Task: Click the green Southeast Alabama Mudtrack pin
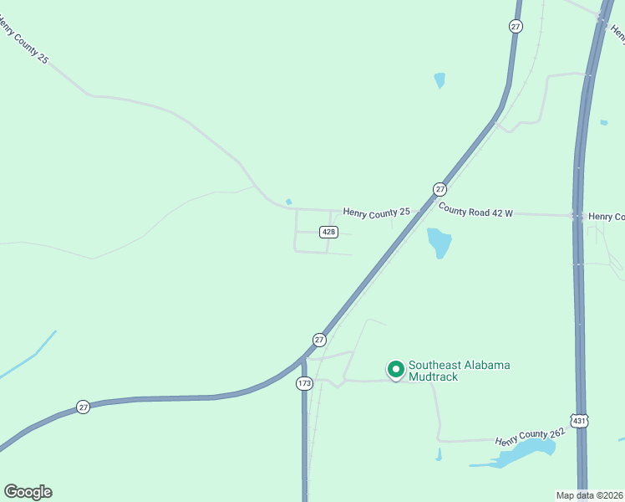[x=395, y=369]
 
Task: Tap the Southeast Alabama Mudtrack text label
[x=459, y=371]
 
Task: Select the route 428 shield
[x=328, y=232]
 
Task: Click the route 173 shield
[x=304, y=383]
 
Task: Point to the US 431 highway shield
[x=580, y=421]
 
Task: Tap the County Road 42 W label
[x=475, y=213]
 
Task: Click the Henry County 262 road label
[x=530, y=436]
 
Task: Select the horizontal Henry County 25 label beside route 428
[x=376, y=213]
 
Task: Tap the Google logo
[x=28, y=492]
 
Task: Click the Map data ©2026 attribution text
[x=589, y=495]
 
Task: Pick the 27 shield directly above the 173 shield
[x=319, y=340]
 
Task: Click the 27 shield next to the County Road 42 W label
[x=440, y=189]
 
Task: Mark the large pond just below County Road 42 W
[x=439, y=242]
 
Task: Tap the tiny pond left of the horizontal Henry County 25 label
[x=288, y=202]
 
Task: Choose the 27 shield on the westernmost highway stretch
[x=83, y=407]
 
